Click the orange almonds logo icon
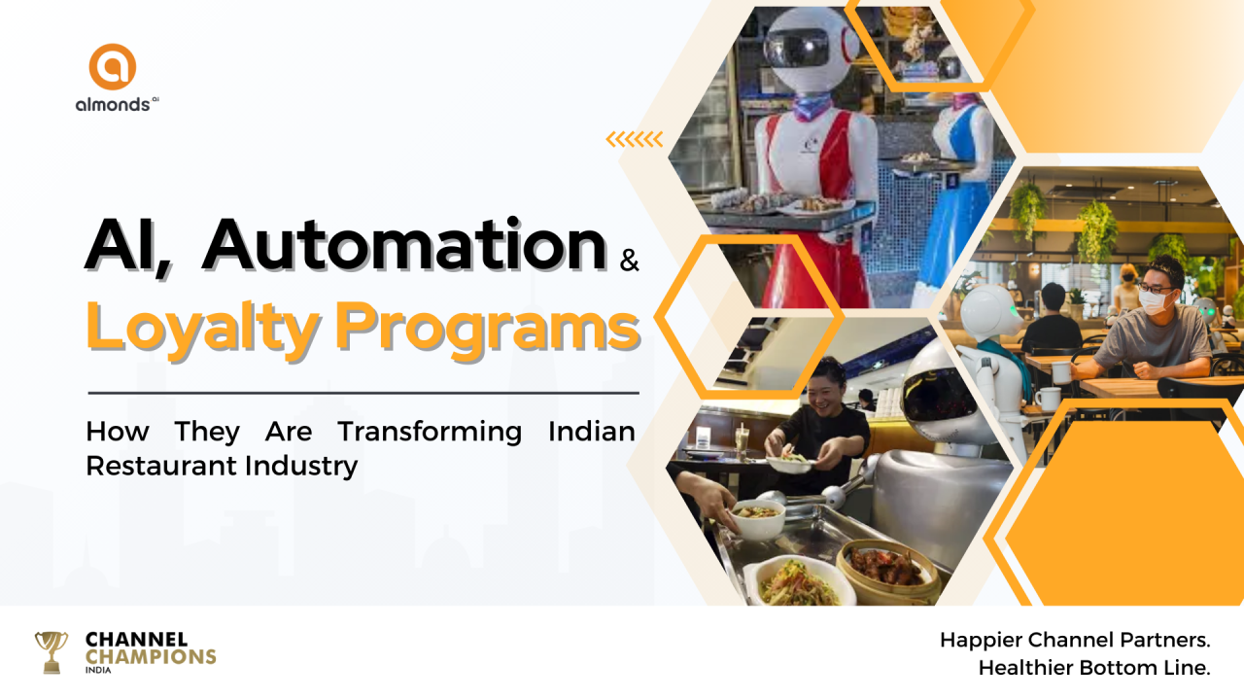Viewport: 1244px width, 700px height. [x=113, y=67]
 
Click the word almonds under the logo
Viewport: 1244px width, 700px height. [x=113, y=104]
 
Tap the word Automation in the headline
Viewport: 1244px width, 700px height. [x=404, y=245]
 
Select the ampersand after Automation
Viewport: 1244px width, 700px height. [x=629, y=260]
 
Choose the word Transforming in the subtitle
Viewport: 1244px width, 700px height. [x=430, y=433]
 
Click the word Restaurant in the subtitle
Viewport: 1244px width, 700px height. [x=161, y=466]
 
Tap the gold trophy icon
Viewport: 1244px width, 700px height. [x=52, y=652]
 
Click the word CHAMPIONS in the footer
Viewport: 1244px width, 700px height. [x=151, y=656]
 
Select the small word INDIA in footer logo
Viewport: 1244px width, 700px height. [x=98, y=671]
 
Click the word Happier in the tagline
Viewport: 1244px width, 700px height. [x=981, y=641]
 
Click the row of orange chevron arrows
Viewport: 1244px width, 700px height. [x=635, y=139]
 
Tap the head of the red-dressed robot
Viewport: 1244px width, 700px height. [x=812, y=50]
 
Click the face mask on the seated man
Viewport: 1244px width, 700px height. [x=1157, y=302]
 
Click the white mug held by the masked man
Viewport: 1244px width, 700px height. [x=1061, y=372]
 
